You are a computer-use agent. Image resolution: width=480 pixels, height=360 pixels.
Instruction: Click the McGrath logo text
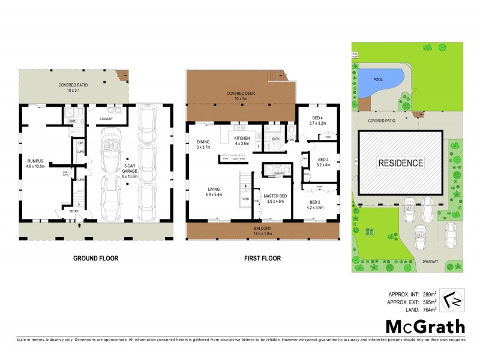click(x=424, y=327)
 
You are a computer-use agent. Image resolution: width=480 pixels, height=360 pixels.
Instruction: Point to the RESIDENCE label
click(x=400, y=163)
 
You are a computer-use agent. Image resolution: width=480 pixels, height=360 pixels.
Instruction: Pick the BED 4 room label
click(x=317, y=119)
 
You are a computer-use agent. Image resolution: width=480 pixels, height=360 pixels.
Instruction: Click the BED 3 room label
click(x=323, y=160)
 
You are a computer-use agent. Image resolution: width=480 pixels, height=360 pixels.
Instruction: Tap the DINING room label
click(x=203, y=143)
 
